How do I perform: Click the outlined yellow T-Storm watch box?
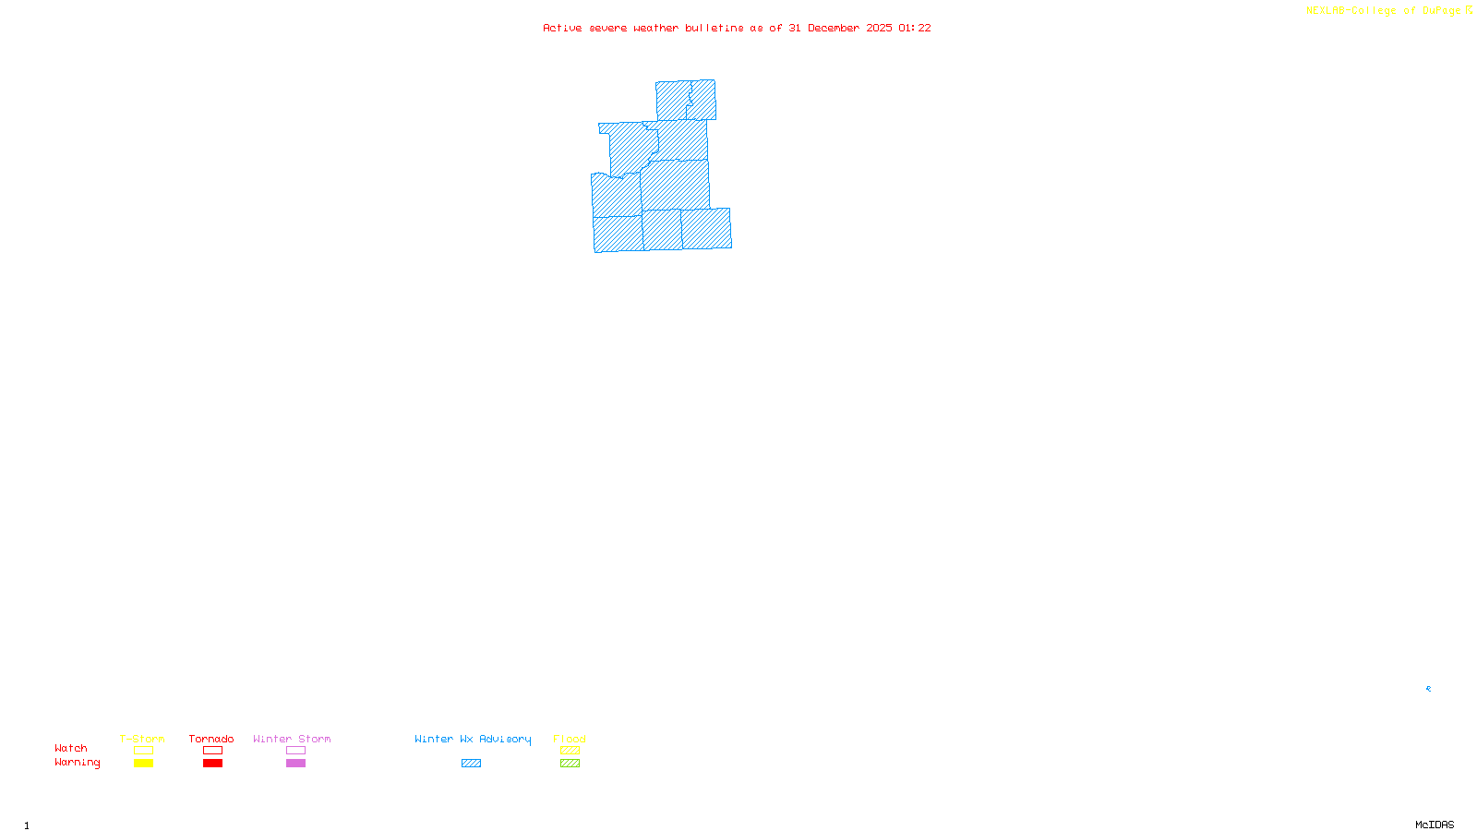coord(143,751)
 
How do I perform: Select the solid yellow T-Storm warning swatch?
coord(143,764)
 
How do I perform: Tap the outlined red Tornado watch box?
coord(212,751)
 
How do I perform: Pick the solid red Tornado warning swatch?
coord(212,764)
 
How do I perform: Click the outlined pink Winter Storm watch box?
coord(295,751)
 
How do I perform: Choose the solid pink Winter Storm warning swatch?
coord(295,764)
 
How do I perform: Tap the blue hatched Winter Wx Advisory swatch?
coord(471,764)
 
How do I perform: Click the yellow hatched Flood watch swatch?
coord(570,751)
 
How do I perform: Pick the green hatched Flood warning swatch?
coord(570,764)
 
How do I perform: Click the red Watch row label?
coord(71,749)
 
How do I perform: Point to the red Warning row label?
coord(77,763)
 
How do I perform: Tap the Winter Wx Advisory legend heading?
coord(473,739)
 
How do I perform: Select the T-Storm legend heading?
coord(142,739)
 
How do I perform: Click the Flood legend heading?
coord(570,739)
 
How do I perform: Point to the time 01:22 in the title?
coord(914,28)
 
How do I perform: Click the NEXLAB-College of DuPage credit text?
coord(1383,11)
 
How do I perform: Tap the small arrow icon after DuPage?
coord(1469,10)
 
